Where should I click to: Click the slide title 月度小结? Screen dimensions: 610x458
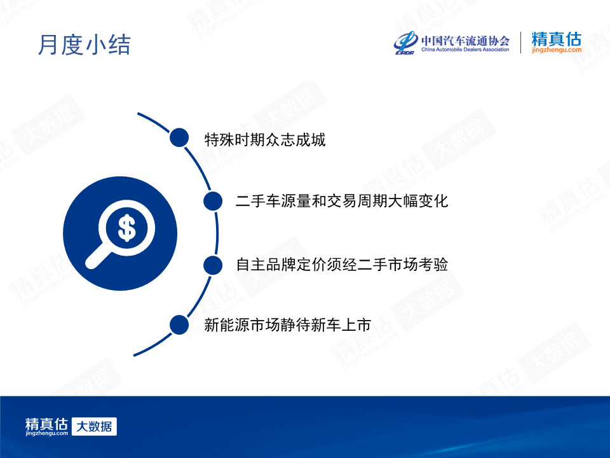[x=84, y=45]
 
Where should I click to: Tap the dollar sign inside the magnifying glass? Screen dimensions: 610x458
[x=126, y=228]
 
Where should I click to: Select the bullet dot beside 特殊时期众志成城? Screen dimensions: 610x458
[x=179, y=137]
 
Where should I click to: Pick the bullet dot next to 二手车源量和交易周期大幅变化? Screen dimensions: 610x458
[x=213, y=201]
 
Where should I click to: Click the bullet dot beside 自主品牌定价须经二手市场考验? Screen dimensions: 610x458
[x=213, y=265]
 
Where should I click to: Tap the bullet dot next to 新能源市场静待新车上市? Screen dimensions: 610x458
[x=179, y=325]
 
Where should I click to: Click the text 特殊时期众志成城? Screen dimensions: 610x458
[x=265, y=139]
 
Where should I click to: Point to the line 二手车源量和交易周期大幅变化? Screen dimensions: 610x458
[x=342, y=201]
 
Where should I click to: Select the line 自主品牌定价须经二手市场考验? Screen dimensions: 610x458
[x=342, y=265]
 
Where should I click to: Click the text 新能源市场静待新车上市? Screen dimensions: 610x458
[x=287, y=325]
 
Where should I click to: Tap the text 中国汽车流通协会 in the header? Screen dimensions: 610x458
[x=465, y=41]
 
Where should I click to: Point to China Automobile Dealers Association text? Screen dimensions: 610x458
[x=465, y=50]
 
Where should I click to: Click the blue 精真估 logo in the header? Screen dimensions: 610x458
[x=557, y=39]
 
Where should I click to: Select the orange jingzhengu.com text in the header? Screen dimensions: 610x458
[x=557, y=50]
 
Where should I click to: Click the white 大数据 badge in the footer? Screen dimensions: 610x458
[x=94, y=426]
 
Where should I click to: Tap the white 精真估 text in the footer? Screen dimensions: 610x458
[x=46, y=424]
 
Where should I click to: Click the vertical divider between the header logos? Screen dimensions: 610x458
[x=520, y=43]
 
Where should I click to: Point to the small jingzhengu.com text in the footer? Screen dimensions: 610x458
[x=46, y=433]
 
